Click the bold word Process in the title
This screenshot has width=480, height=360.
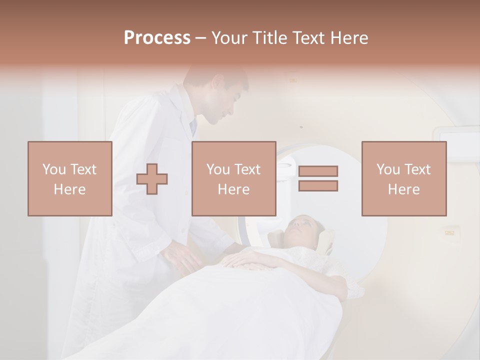(157, 38)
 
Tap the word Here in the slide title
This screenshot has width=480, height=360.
(348, 38)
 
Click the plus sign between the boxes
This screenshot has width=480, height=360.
(152, 179)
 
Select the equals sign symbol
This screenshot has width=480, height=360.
(318, 178)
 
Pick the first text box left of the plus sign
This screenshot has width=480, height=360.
(69, 178)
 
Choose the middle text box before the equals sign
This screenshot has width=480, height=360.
(233, 178)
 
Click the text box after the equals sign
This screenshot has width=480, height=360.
(403, 178)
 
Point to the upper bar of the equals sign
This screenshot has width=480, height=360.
(318, 171)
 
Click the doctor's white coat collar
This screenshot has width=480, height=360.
(182, 107)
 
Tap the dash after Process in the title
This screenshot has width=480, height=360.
(200, 38)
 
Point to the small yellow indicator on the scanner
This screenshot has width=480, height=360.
(449, 232)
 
